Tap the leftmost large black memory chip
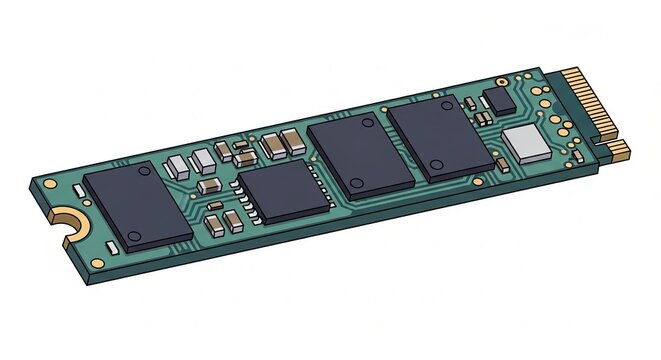[x=137, y=207]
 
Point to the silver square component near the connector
[x=527, y=145]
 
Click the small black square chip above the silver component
[x=500, y=98]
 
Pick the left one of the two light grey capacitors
[x=176, y=164]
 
